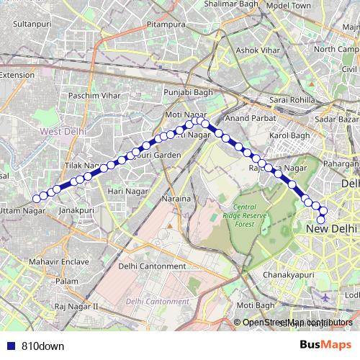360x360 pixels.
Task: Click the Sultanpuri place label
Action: [x=33, y=24]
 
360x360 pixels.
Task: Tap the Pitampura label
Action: [x=162, y=24]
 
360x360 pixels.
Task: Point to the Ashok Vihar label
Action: [x=258, y=50]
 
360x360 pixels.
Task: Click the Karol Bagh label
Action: [x=289, y=135]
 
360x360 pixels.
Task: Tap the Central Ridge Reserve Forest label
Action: [x=251, y=215]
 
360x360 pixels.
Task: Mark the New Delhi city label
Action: [x=332, y=228]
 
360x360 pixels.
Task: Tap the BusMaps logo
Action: [x=326, y=345]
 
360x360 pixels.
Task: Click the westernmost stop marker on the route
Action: [x=36, y=199]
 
